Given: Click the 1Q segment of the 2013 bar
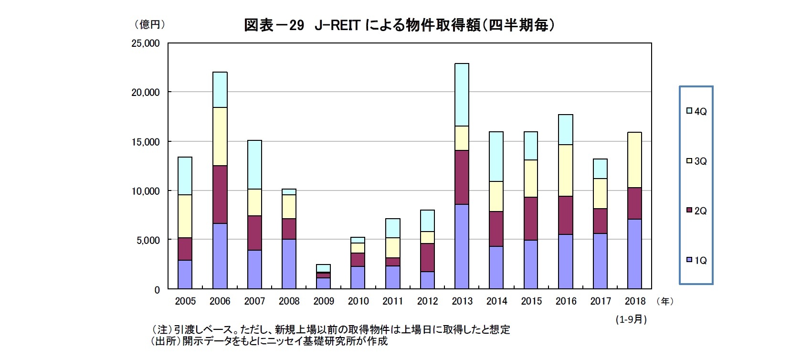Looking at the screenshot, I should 462,246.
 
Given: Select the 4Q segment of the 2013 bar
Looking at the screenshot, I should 462,95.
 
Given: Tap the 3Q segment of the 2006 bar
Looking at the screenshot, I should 220,137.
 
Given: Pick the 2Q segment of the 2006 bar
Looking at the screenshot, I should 220,194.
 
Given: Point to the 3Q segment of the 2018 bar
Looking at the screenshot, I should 634,160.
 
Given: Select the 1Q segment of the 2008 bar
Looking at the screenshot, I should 289,264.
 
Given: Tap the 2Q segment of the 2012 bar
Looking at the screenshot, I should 427,257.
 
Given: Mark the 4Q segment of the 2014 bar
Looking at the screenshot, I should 496,157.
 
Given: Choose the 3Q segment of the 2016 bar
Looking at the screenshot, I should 566,170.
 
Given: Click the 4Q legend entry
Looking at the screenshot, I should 696,111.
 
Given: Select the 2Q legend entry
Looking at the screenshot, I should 696,211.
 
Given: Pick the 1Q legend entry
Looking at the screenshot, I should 696,260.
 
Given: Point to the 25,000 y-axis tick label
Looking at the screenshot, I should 146,43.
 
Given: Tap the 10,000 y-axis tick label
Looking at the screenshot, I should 146,191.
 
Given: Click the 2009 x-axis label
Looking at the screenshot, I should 324,301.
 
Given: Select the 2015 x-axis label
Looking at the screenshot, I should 531,301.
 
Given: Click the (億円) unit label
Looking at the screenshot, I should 149,24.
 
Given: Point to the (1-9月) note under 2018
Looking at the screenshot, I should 631,319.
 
